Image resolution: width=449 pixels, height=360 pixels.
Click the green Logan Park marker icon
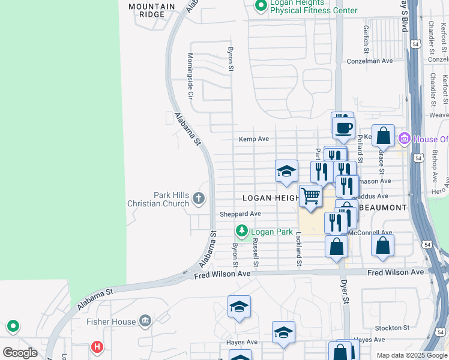[242, 231]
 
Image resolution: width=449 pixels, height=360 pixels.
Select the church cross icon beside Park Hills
[199, 198]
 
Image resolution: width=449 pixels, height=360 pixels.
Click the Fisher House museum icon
[145, 322]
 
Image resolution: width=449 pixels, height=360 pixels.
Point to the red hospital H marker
[97, 347]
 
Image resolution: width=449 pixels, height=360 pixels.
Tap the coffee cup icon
[344, 128]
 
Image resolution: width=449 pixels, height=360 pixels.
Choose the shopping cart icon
[310, 196]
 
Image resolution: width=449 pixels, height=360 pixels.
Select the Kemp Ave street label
[254, 139]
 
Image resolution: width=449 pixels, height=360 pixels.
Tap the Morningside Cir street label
[190, 76]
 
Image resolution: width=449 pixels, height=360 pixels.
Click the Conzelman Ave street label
[370, 61]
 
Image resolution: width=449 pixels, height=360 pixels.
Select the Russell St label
[255, 253]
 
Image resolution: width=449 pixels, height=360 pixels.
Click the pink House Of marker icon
[404, 139]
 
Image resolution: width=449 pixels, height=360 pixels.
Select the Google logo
[20, 352]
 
